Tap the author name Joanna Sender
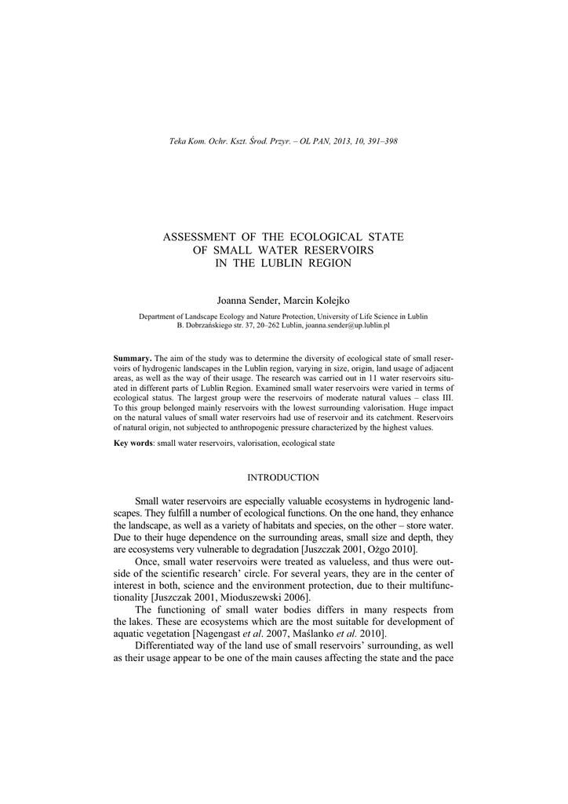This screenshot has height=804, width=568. (246, 301)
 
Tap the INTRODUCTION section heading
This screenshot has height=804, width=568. (283, 477)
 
